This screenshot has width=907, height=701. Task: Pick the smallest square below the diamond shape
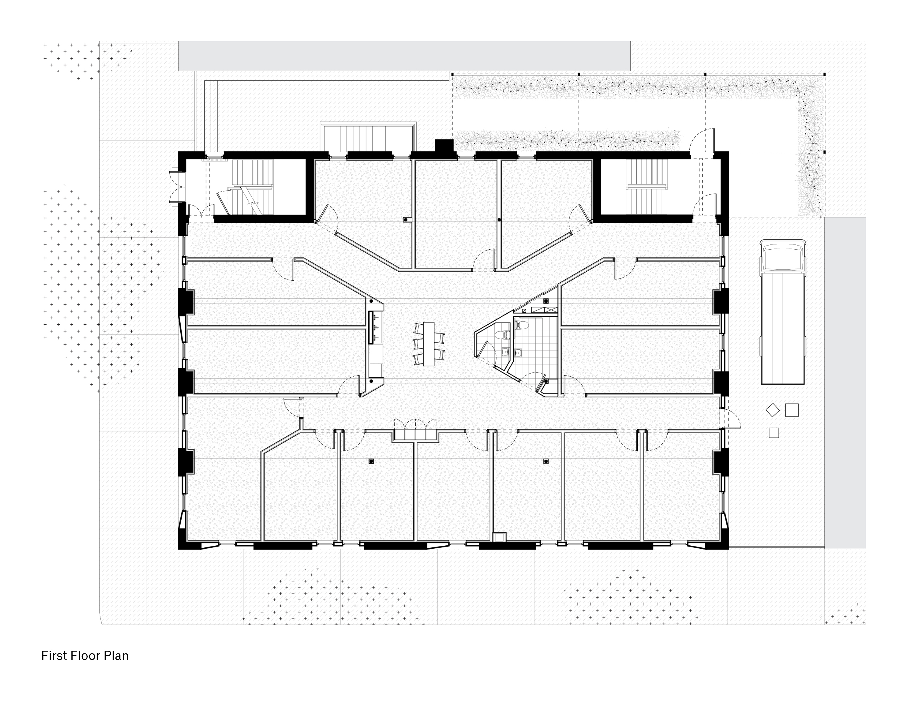pos(774,433)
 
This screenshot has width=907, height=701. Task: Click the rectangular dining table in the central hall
pos(429,344)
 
